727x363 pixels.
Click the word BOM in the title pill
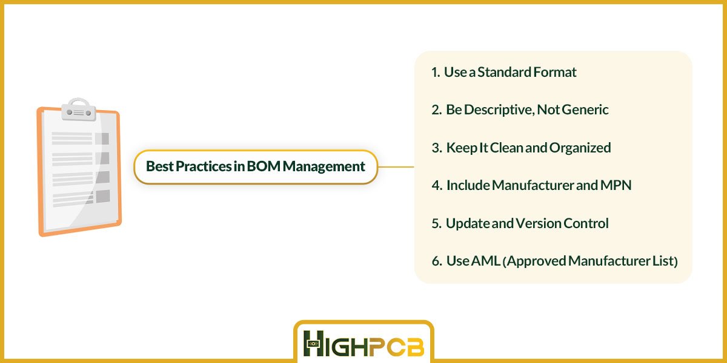[x=263, y=166]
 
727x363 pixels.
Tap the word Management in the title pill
[x=324, y=167]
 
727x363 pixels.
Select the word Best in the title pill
[x=160, y=166]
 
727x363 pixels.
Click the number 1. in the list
[x=435, y=72]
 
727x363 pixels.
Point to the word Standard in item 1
[x=504, y=72]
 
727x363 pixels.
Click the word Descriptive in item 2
[x=498, y=110]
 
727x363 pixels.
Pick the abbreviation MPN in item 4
[x=616, y=185]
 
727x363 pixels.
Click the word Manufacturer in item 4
[x=533, y=185]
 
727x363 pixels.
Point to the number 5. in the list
[x=436, y=224]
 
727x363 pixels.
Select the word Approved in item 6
[x=536, y=261]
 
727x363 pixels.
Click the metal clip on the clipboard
[x=79, y=110]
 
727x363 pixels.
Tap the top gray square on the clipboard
[x=102, y=139]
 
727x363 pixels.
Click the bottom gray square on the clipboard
[x=103, y=197]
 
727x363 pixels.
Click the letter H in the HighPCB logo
[x=314, y=343]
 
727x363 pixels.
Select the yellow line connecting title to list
[x=396, y=167]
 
